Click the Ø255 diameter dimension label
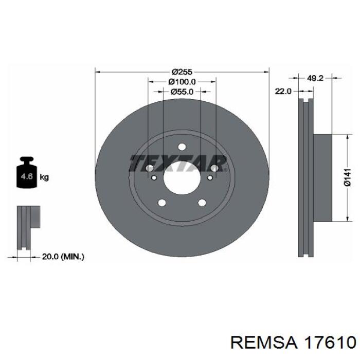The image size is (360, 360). pos(182,72)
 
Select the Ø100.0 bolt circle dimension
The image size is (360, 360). pos(182,82)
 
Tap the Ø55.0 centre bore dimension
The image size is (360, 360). pos(182,92)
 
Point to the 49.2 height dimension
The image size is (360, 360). pos(315,78)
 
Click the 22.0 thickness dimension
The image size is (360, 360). pos(283,91)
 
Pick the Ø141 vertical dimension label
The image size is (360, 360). pos(347,177)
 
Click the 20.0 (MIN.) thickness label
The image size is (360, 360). pos(63,257)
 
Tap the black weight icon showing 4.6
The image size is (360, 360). pos(27,172)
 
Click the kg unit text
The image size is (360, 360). pos(44,177)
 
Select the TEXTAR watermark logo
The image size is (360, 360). pos(178,164)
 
